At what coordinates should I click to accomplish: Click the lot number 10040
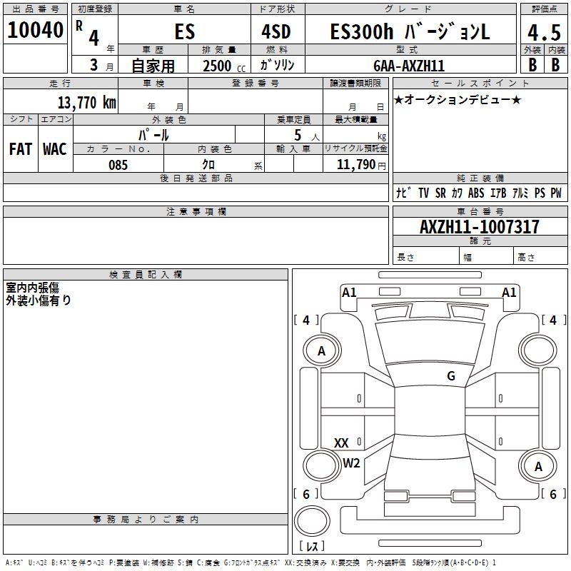(x=35, y=31)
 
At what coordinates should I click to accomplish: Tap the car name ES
(x=184, y=33)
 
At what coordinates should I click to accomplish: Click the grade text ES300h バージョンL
(x=410, y=33)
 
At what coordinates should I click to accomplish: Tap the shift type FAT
(x=21, y=148)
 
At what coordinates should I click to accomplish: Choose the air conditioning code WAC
(x=55, y=148)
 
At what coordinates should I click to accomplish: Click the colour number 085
(x=118, y=165)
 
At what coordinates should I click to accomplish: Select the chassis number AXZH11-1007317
(x=480, y=227)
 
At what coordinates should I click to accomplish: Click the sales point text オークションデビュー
(x=458, y=99)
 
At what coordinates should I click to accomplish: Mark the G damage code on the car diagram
(x=451, y=376)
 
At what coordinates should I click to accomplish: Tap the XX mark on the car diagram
(x=341, y=443)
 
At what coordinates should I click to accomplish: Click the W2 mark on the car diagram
(x=351, y=463)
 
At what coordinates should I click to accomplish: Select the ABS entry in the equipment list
(x=476, y=193)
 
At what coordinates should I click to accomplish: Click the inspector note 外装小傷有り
(x=39, y=300)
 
